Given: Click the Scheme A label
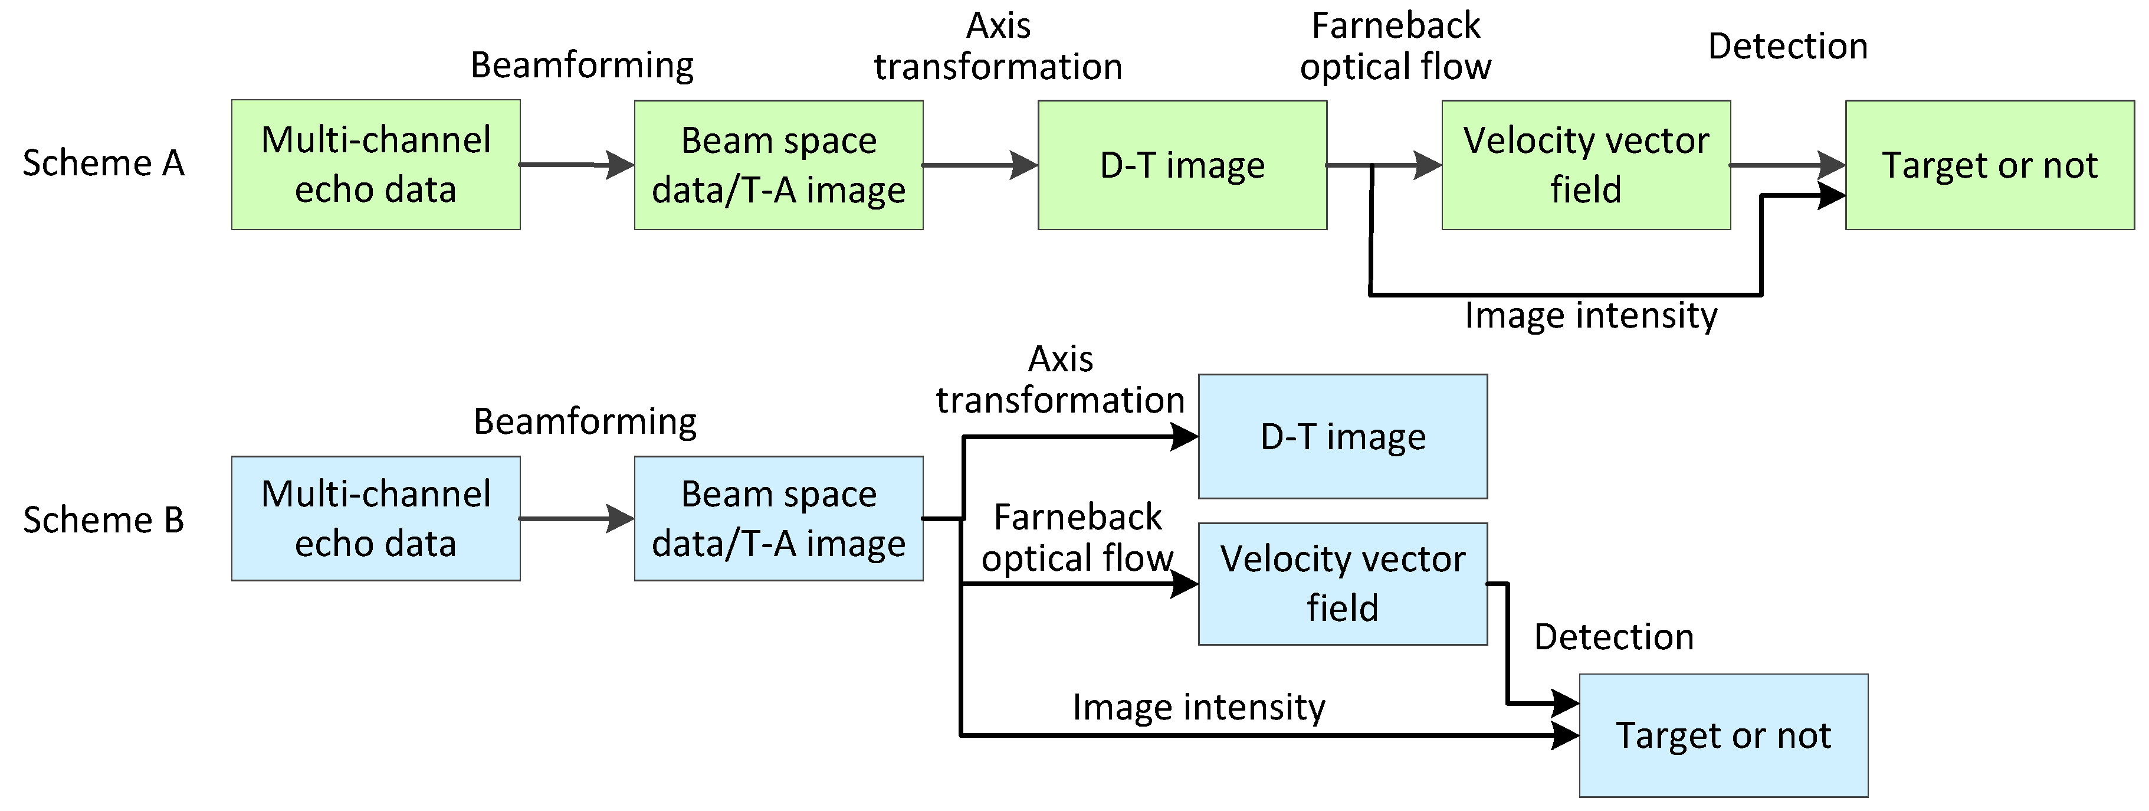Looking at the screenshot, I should click(x=103, y=163).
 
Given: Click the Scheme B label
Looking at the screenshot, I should click(x=103, y=521).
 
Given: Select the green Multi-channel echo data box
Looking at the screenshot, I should click(x=375, y=164).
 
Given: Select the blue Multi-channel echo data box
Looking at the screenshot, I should click(x=375, y=518).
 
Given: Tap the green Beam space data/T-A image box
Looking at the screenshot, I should click(x=778, y=164).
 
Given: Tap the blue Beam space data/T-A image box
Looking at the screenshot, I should click(x=778, y=518).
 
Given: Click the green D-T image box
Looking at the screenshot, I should click(x=1182, y=164).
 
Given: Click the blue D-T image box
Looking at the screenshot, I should click(x=1342, y=436).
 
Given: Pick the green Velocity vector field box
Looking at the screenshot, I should click(x=1585, y=164).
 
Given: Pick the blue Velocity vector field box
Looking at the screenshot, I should click(x=1342, y=583).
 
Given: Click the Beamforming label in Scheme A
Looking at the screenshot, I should click(x=582, y=65).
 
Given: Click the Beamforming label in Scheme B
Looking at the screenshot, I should click(x=585, y=421).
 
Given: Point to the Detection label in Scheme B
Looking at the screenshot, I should click(x=1613, y=637).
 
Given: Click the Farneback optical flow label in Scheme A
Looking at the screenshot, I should click(x=1395, y=46).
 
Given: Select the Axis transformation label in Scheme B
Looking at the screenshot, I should click(x=1059, y=380).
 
